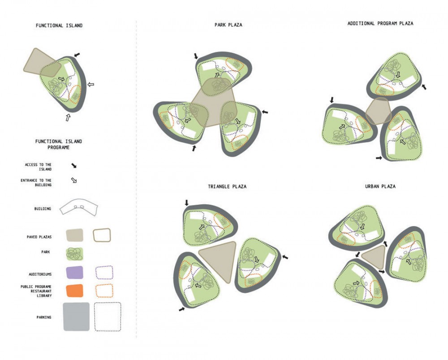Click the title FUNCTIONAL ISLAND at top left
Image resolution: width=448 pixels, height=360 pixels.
(59, 26)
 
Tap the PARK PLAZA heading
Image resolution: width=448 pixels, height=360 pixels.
(228, 25)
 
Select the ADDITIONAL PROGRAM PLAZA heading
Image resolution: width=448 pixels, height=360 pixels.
(380, 23)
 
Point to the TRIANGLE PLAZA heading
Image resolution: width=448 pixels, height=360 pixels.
(227, 186)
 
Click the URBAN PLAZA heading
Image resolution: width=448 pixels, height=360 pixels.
(380, 186)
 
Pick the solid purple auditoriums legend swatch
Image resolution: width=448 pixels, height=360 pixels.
(74, 272)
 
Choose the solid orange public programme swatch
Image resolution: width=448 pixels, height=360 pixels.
(74, 291)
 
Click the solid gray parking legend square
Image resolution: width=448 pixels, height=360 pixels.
(76, 317)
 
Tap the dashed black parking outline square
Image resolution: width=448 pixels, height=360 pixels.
(108, 317)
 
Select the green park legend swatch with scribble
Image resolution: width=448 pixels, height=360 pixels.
(74, 254)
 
